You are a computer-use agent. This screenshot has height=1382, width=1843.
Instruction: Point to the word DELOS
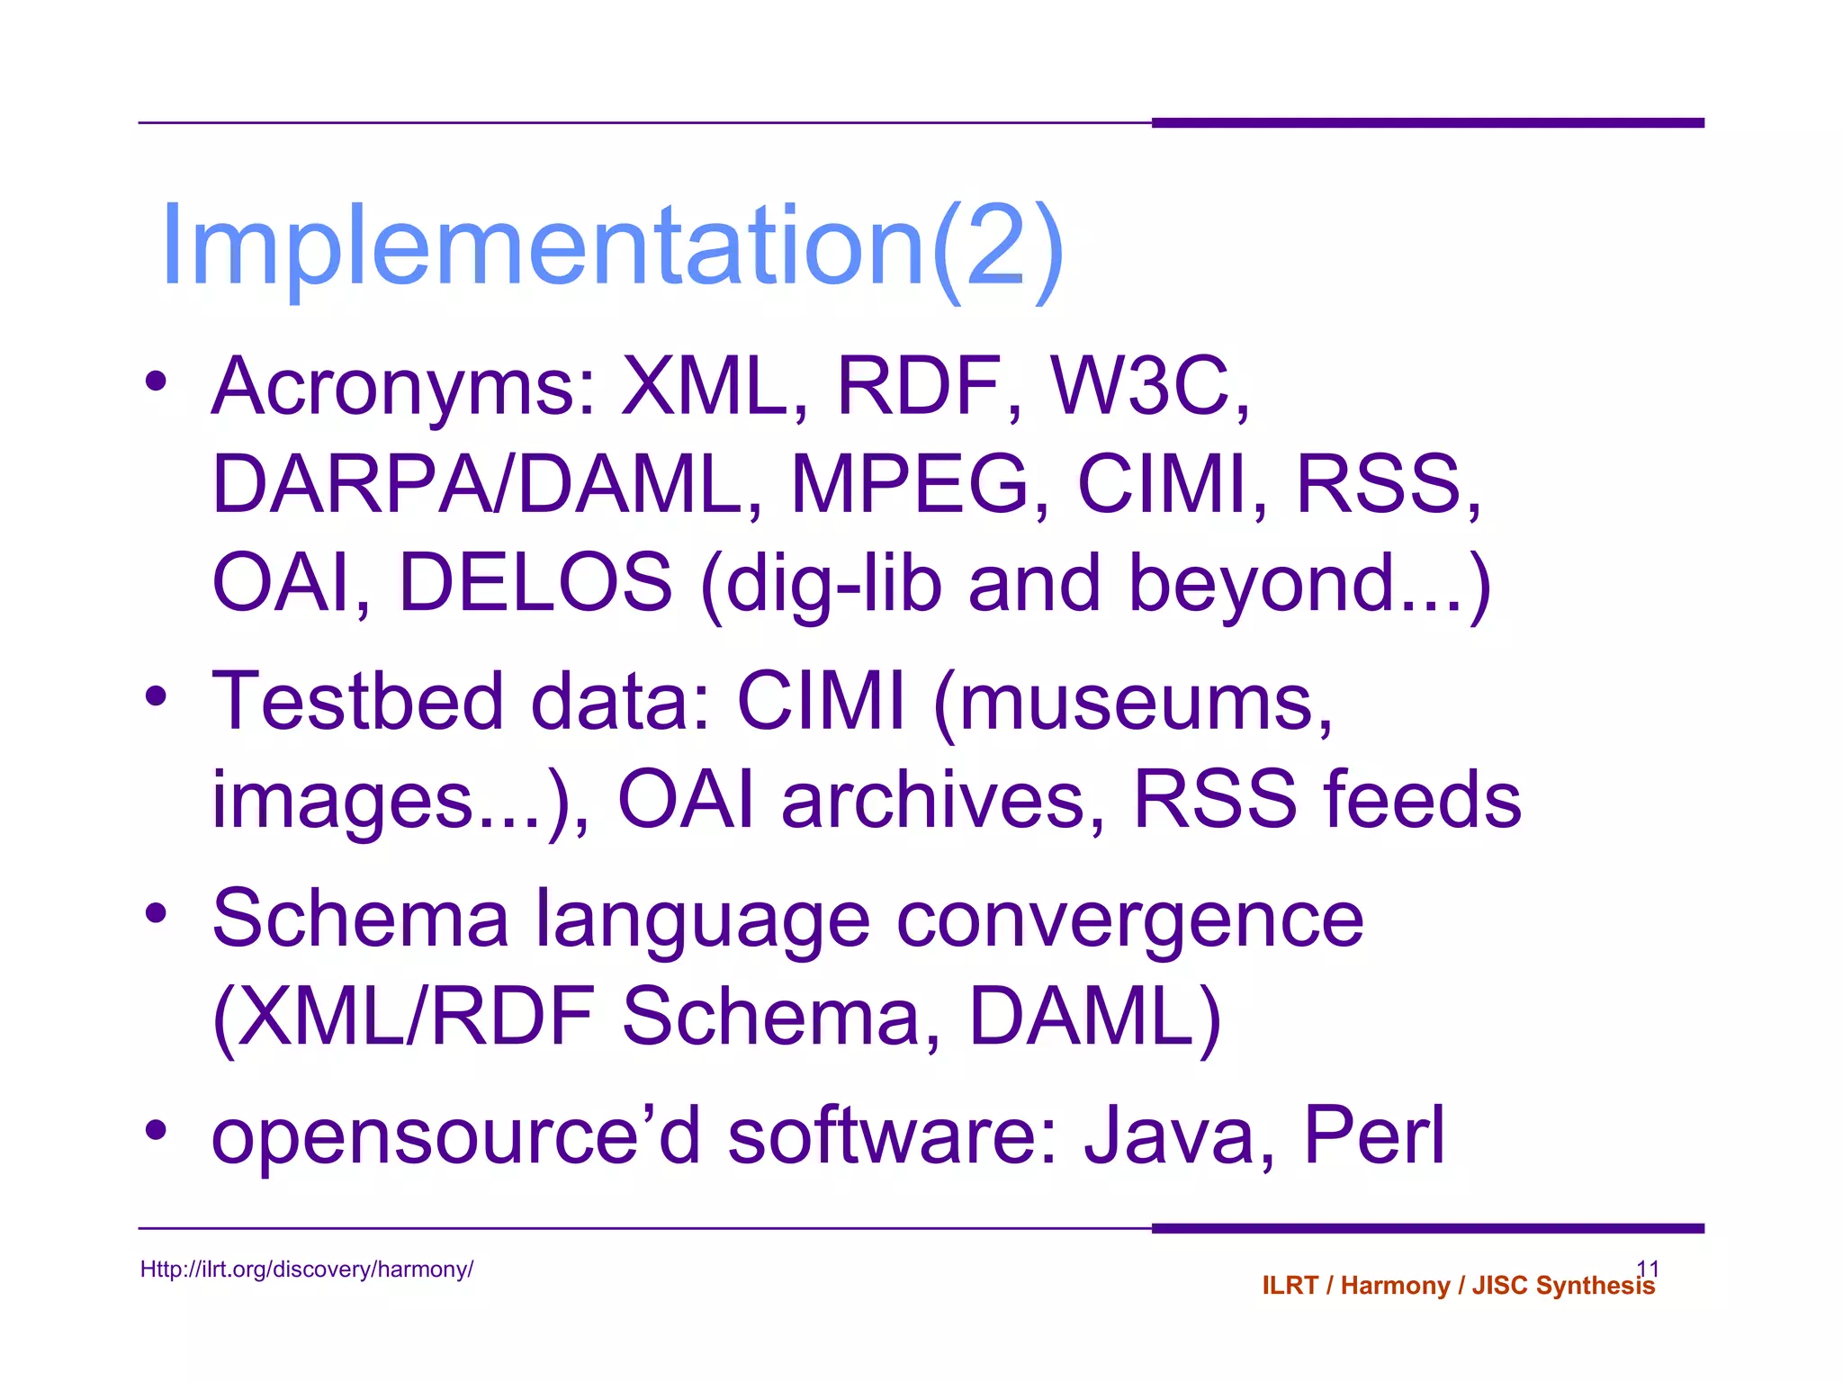pyautogui.click(x=535, y=582)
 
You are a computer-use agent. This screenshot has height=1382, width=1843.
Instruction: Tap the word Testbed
pyautogui.click(x=357, y=701)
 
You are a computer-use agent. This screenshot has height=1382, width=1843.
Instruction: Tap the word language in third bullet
pyautogui.click(x=702, y=922)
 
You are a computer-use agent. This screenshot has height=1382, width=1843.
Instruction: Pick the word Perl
pyautogui.click(x=1374, y=1135)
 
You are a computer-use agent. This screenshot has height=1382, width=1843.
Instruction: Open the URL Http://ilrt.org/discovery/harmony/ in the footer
pyautogui.click(x=307, y=1270)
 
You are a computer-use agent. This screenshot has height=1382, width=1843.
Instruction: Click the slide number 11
pyautogui.click(x=1647, y=1267)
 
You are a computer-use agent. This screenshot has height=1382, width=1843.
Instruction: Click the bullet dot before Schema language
pyautogui.click(x=157, y=914)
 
